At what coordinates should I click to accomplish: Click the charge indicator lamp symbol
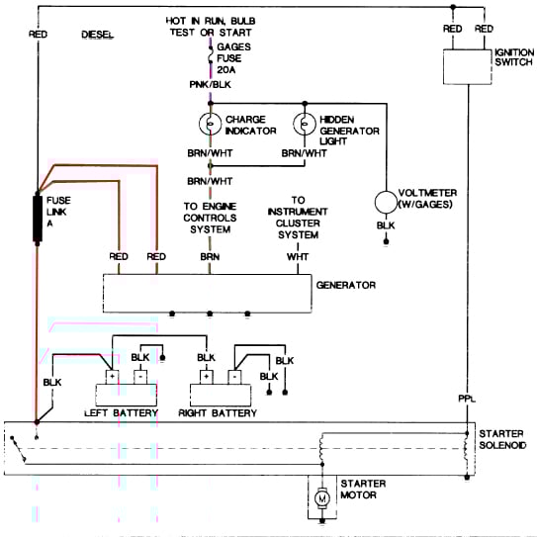pos(210,124)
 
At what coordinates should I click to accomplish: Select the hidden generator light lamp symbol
pos(305,124)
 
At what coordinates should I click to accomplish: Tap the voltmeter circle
pos(386,202)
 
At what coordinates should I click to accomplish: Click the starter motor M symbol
pos(322,498)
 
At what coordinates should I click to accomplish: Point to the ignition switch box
pos(468,67)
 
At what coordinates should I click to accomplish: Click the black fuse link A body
pos(38,220)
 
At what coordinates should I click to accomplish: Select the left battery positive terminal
pos(112,377)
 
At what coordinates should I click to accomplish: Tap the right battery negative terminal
pos(234,377)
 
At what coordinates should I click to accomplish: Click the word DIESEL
pos(98,35)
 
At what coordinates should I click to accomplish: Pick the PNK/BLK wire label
pos(211,85)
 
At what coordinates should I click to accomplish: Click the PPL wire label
pos(467,399)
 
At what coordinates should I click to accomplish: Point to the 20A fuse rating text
pos(226,70)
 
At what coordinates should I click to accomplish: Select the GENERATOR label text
pos(346,285)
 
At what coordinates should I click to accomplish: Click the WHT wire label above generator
pos(298,257)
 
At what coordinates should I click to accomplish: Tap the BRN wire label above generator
pos(210,257)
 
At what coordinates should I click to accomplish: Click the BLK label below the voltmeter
pos(386,225)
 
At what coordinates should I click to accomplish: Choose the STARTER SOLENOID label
pos(502,439)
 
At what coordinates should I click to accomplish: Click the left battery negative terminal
pos(140,377)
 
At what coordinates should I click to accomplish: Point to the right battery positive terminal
pos(207,377)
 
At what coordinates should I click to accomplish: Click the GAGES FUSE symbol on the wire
pos(211,54)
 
